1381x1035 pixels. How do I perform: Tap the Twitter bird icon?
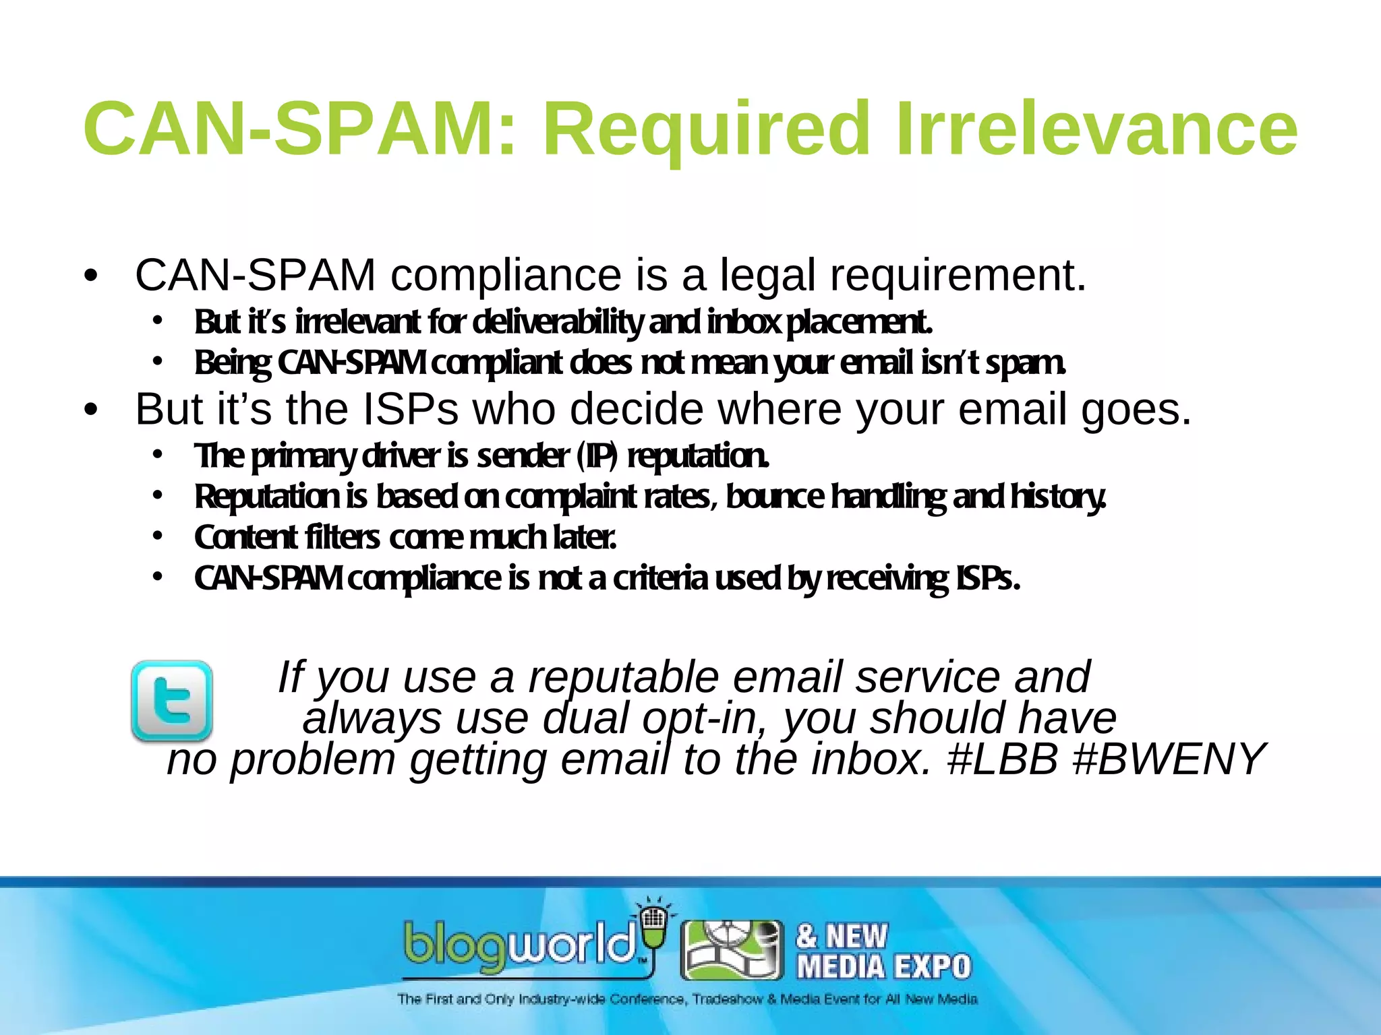172,701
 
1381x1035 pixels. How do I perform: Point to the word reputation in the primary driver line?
698,456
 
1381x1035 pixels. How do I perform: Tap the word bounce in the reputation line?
774,497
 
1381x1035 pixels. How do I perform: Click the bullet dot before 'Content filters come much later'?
157,536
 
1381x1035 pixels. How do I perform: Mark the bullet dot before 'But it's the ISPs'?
91,410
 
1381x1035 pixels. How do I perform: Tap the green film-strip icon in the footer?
732,950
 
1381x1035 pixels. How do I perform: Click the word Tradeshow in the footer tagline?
727,999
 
